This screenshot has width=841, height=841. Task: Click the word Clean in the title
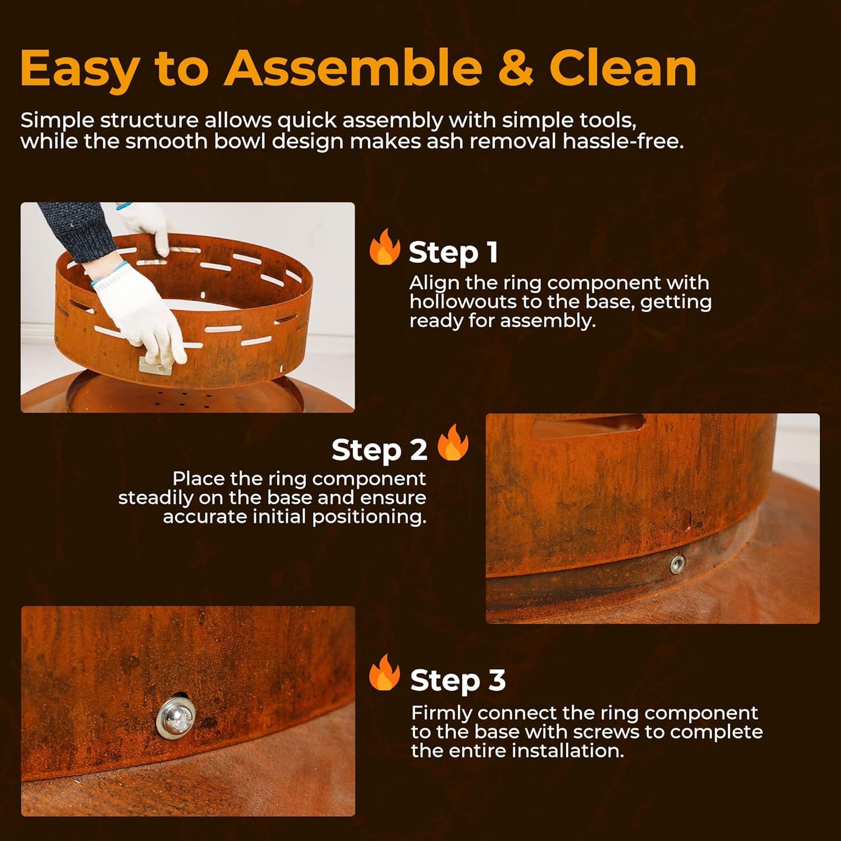coord(623,69)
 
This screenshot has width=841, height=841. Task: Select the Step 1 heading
coord(453,253)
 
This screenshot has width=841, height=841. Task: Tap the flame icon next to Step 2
coord(453,443)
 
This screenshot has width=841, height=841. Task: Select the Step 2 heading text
coord(379,450)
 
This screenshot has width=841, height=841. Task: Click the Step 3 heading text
coord(457,680)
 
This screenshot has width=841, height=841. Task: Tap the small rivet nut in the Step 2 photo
coord(677,564)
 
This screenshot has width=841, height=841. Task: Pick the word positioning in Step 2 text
coord(368,517)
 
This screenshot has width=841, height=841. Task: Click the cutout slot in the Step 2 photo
coord(588,424)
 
